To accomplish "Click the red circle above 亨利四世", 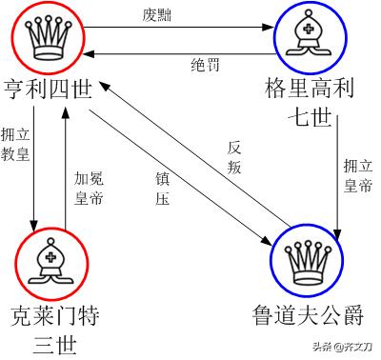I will [x=46, y=36].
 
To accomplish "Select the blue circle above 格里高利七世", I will [x=311, y=37].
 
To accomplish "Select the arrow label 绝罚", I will [x=206, y=64].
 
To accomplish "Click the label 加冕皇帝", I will [x=87, y=186].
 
